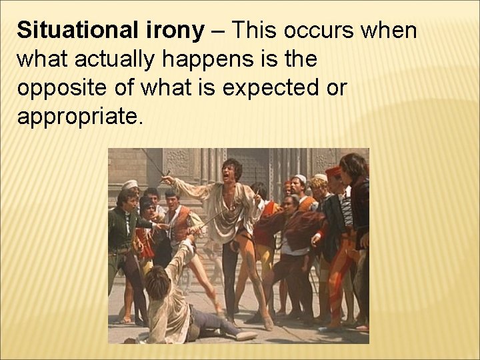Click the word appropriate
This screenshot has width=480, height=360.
tap(79, 117)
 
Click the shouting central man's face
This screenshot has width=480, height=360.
tap(233, 170)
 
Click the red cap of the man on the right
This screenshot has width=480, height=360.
tap(334, 171)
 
